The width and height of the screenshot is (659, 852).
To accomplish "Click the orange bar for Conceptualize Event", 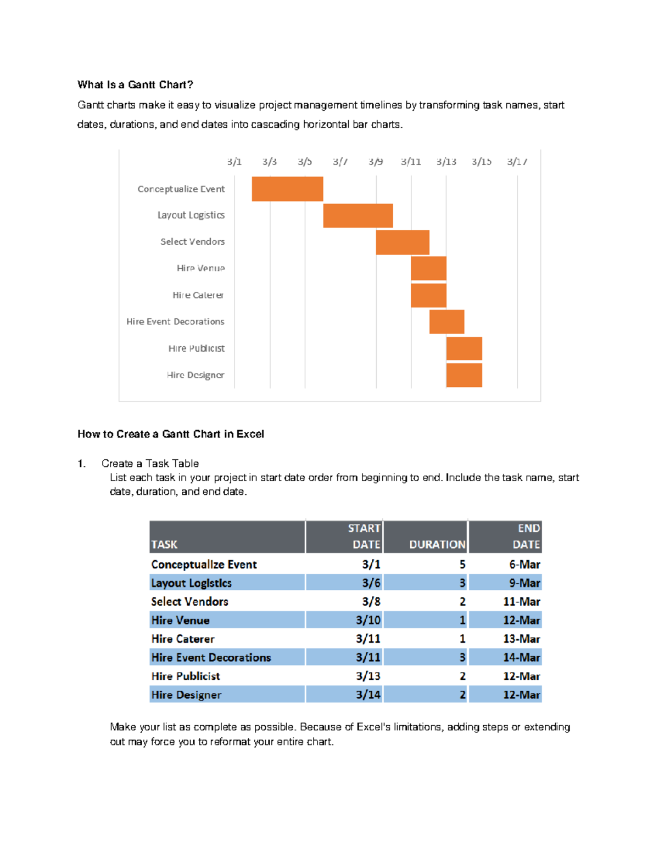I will coord(287,189).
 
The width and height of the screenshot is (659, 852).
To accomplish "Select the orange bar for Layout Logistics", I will coord(358,215).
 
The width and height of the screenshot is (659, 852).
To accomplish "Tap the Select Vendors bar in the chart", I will coord(403,242).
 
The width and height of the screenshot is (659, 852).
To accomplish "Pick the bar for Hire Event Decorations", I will coord(446,321).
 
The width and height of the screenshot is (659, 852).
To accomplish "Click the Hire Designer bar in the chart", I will coord(464,375).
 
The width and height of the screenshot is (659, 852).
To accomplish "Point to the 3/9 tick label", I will coord(376,162).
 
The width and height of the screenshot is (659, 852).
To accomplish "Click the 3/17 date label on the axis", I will coord(517,162).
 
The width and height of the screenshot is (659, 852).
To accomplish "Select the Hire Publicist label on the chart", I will coord(196,348).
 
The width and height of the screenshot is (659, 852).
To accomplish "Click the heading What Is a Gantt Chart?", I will coord(135,84).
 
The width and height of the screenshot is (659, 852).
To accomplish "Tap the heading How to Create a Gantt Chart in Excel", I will coord(171,434).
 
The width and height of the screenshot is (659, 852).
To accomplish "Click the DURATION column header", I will coord(437,544).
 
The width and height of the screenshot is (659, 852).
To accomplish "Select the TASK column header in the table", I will coord(164,544).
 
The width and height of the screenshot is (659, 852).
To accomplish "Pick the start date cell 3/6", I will coord(371,583).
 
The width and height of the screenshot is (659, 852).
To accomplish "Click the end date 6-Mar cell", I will coord(524,565).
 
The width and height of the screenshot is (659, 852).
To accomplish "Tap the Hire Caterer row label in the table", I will coord(183,639).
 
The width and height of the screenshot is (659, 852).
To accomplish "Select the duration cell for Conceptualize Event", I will coord(462,565).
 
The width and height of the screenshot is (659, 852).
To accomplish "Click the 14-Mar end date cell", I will coord(522,657).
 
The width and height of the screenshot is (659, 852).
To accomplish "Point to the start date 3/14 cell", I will coord(368,695).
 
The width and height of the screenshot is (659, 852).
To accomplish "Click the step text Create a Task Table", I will coord(150,464).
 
